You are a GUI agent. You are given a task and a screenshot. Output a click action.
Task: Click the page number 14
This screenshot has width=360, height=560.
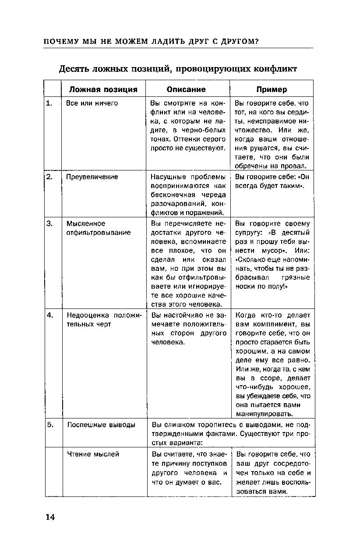[50, 517]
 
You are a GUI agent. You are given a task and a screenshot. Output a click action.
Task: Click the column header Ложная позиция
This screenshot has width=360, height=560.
[103, 89]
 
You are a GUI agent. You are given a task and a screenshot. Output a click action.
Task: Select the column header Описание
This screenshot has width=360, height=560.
[186, 89]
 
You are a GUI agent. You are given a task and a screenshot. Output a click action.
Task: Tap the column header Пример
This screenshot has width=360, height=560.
[272, 89]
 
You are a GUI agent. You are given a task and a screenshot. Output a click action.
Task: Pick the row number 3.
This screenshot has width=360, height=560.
[50, 223]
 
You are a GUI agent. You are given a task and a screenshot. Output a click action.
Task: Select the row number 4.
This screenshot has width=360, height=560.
[50, 315]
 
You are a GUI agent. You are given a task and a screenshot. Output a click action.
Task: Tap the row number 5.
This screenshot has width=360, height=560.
[51, 425]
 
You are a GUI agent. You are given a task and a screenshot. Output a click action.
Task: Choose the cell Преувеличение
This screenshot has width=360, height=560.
[92, 177]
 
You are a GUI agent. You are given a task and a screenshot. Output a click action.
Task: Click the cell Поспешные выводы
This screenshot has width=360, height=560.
[101, 425]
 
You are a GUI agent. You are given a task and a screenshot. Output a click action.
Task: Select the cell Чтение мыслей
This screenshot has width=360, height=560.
[93, 454]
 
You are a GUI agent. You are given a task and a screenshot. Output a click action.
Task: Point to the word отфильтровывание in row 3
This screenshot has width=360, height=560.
[99, 233]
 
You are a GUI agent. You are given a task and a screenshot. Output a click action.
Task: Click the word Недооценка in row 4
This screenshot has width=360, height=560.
[88, 315]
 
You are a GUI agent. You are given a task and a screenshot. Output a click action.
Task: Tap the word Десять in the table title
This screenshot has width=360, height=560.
[74, 69]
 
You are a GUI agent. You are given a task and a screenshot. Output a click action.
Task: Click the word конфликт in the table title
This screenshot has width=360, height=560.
[275, 69]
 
